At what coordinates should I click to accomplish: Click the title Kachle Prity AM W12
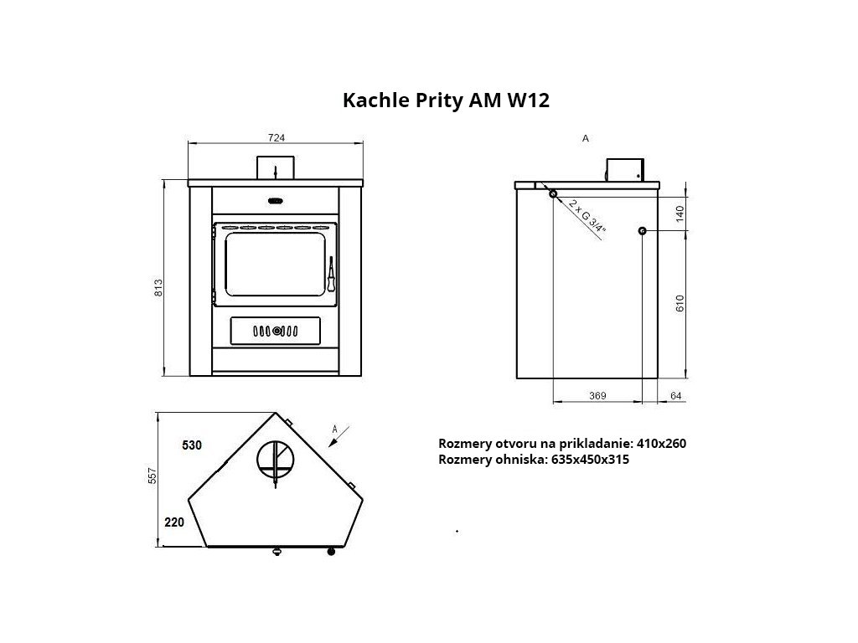(446, 100)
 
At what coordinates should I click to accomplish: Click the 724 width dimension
(277, 138)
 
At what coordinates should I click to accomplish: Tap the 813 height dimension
(158, 288)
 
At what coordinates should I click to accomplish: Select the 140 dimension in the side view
(680, 213)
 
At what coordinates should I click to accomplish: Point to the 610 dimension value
(680, 303)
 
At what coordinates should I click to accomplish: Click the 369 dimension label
(597, 395)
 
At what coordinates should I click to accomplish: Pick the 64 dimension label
(676, 395)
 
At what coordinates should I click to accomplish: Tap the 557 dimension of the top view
(152, 476)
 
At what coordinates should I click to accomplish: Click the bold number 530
(192, 445)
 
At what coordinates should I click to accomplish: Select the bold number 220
(174, 522)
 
